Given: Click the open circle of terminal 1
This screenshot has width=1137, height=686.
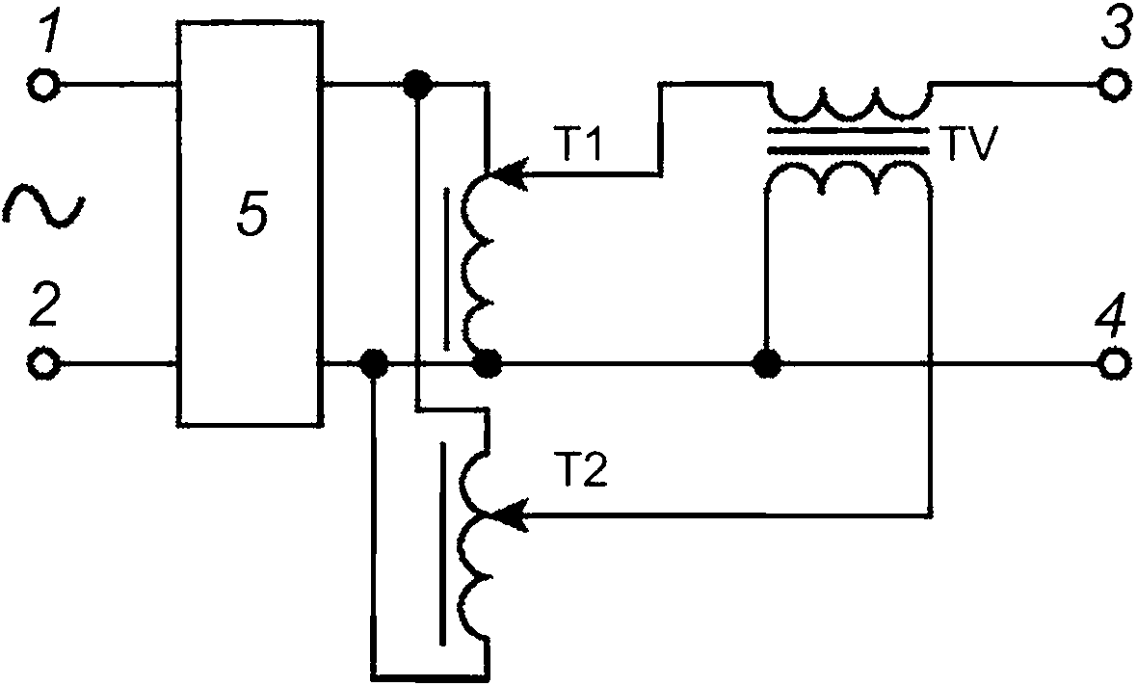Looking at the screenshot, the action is (42, 86).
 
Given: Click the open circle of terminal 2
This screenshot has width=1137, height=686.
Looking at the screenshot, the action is (42, 362).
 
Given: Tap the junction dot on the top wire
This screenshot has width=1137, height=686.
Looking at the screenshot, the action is (417, 85).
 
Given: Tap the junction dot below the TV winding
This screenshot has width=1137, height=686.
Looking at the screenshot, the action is (766, 362).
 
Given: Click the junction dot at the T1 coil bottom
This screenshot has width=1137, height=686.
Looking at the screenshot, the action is (487, 362).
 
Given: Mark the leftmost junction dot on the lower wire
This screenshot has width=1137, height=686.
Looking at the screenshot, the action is (374, 362).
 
